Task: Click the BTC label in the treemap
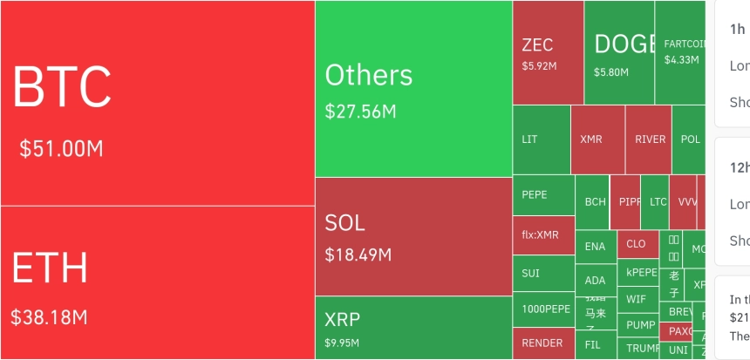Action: tap(62, 86)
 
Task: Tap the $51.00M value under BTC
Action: tap(61, 148)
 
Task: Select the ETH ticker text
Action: tap(50, 268)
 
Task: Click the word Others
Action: tap(369, 75)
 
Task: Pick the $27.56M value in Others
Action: tap(360, 112)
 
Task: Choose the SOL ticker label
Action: tap(344, 223)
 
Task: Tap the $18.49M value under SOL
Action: tap(358, 255)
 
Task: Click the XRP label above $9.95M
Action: tap(342, 318)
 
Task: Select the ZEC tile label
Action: tap(537, 45)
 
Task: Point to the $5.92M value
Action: tap(540, 65)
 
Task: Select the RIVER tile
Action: tap(650, 139)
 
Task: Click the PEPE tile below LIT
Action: tap(535, 195)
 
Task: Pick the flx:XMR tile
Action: tap(540, 234)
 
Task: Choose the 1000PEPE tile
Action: tap(546, 309)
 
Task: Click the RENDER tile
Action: tap(542, 343)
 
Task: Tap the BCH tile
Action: tap(596, 201)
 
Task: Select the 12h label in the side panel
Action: tap(738, 167)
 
